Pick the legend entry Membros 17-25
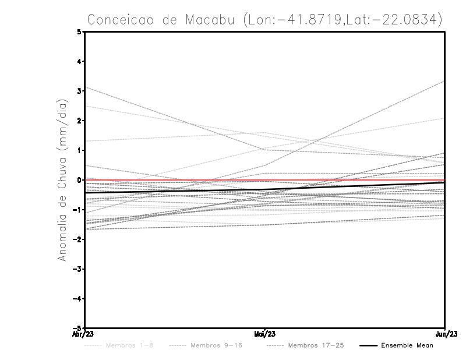click(316, 345)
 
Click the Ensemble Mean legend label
click(407, 345)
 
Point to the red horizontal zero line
click(175, 181)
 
